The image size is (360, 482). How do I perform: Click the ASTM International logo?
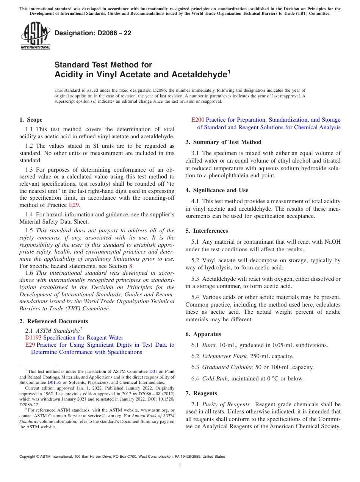[35, 36]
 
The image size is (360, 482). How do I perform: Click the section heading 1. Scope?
[31, 120]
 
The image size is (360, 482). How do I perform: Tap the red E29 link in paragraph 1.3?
[74, 205]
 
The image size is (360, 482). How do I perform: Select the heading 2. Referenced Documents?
[54, 321]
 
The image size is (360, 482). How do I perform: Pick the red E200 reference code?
[198, 120]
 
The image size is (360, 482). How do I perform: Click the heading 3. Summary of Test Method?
[223, 142]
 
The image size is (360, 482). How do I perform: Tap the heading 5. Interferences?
[207, 231]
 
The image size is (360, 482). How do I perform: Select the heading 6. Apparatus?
[203, 334]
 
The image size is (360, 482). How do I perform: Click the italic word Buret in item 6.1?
[209, 345]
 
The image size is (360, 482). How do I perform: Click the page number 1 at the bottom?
[180, 465]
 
